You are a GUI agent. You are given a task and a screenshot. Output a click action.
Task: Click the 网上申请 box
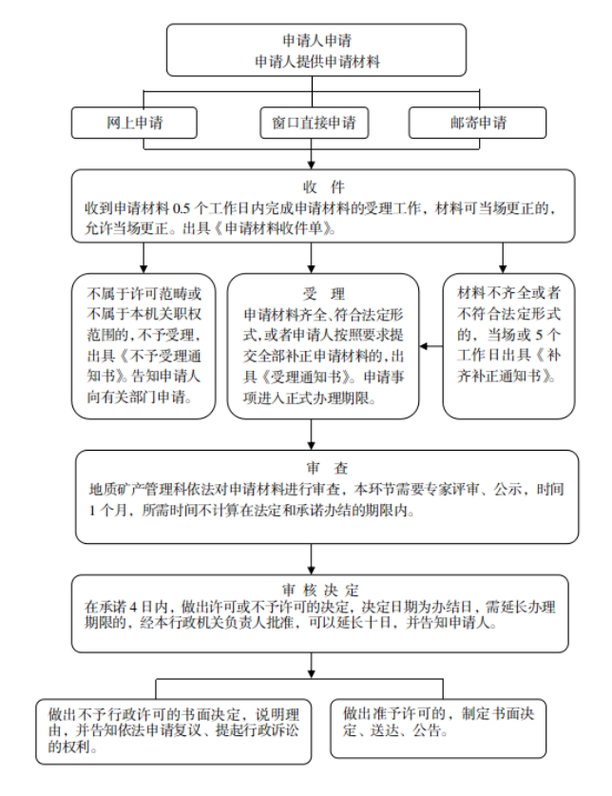pyautogui.click(x=134, y=123)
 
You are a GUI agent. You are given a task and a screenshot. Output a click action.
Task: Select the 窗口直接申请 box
pyautogui.click(x=315, y=123)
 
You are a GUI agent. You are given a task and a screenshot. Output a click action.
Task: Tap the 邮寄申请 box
pyautogui.click(x=477, y=123)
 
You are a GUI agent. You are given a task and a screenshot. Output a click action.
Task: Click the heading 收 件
pyautogui.click(x=324, y=187)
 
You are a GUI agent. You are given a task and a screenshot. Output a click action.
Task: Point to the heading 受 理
pyautogui.click(x=324, y=294)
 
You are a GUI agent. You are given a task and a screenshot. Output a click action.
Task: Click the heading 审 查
pyautogui.click(x=327, y=468)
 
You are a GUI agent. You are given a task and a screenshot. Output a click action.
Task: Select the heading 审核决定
pyautogui.click(x=320, y=590)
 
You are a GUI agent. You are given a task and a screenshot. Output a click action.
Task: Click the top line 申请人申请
pyautogui.click(x=316, y=40)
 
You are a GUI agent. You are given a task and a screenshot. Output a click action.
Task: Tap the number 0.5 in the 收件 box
pyautogui.click(x=182, y=208)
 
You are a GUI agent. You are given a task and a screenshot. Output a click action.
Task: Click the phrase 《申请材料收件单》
pyautogui.click(x=274, y=228)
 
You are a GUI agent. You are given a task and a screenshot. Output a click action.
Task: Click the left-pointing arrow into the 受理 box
pyautogui.click(x=430, y=346)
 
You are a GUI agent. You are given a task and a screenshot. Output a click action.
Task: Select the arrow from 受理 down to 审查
pyautogui.click(x=312, y=434)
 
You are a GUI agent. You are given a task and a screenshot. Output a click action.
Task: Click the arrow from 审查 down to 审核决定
pyautogui.click(x=312, y=559)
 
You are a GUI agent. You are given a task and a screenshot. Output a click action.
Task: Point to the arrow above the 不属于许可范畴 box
pyautogui.click(x=143, y=258)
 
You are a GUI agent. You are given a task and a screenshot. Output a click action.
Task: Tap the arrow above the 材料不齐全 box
pyautogui.click(x=503, y=258)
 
